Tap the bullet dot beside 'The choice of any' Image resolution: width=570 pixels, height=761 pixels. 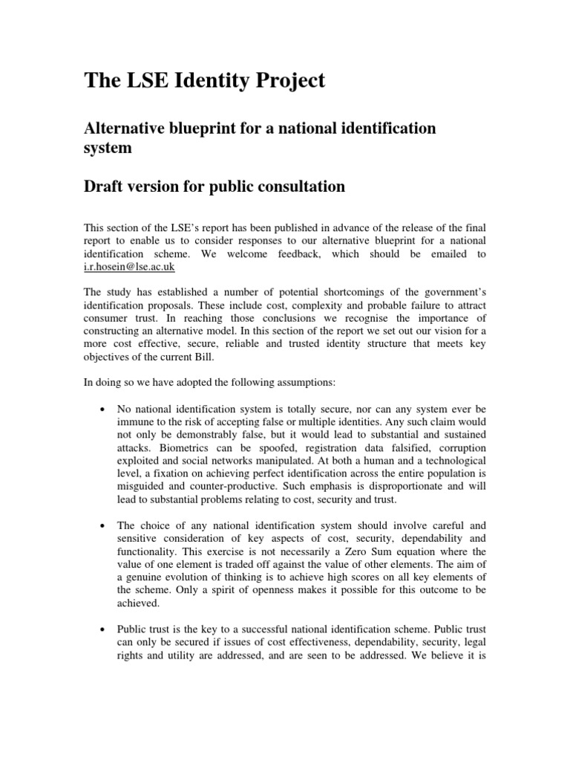(100, 526)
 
